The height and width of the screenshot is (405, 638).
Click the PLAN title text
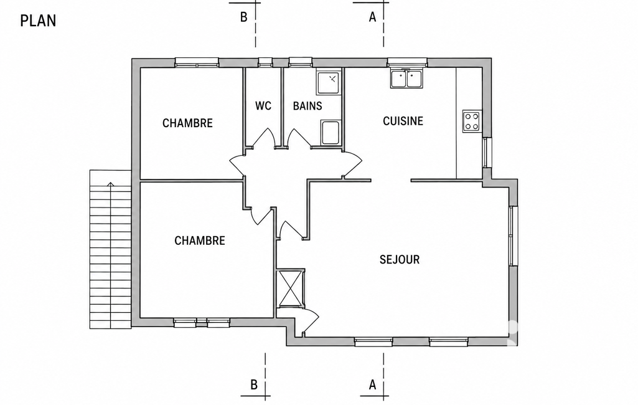38,21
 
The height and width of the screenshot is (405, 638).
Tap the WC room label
263,106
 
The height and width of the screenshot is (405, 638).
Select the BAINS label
307,106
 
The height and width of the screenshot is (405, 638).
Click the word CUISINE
403,121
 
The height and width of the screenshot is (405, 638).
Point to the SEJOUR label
400,260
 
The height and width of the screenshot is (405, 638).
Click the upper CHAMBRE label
187,123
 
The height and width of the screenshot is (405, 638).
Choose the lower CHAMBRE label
200,241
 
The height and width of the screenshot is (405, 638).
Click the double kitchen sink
407,79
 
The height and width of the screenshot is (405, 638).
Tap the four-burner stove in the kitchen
472,121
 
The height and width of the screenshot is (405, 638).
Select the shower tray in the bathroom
328,83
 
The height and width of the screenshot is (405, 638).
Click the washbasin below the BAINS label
330,133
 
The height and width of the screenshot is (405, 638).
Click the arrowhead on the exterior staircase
111,184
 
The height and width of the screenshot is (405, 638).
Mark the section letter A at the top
372,17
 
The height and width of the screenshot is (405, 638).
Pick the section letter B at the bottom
254,384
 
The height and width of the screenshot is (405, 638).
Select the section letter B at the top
244,17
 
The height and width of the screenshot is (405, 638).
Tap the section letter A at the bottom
372,384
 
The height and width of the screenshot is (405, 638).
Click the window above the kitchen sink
407,62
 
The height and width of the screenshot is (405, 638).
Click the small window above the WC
265,62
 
